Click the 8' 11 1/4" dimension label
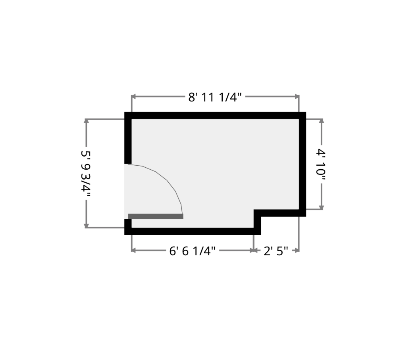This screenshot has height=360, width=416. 215,97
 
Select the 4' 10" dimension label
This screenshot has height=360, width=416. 321,165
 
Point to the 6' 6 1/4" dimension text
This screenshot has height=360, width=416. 193,251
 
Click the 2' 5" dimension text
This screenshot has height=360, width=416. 275,251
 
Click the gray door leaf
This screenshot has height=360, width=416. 156,216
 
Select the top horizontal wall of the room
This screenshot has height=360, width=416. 215,115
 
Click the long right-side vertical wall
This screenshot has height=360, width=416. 303,164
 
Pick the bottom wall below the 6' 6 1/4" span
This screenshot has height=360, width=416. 193,231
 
